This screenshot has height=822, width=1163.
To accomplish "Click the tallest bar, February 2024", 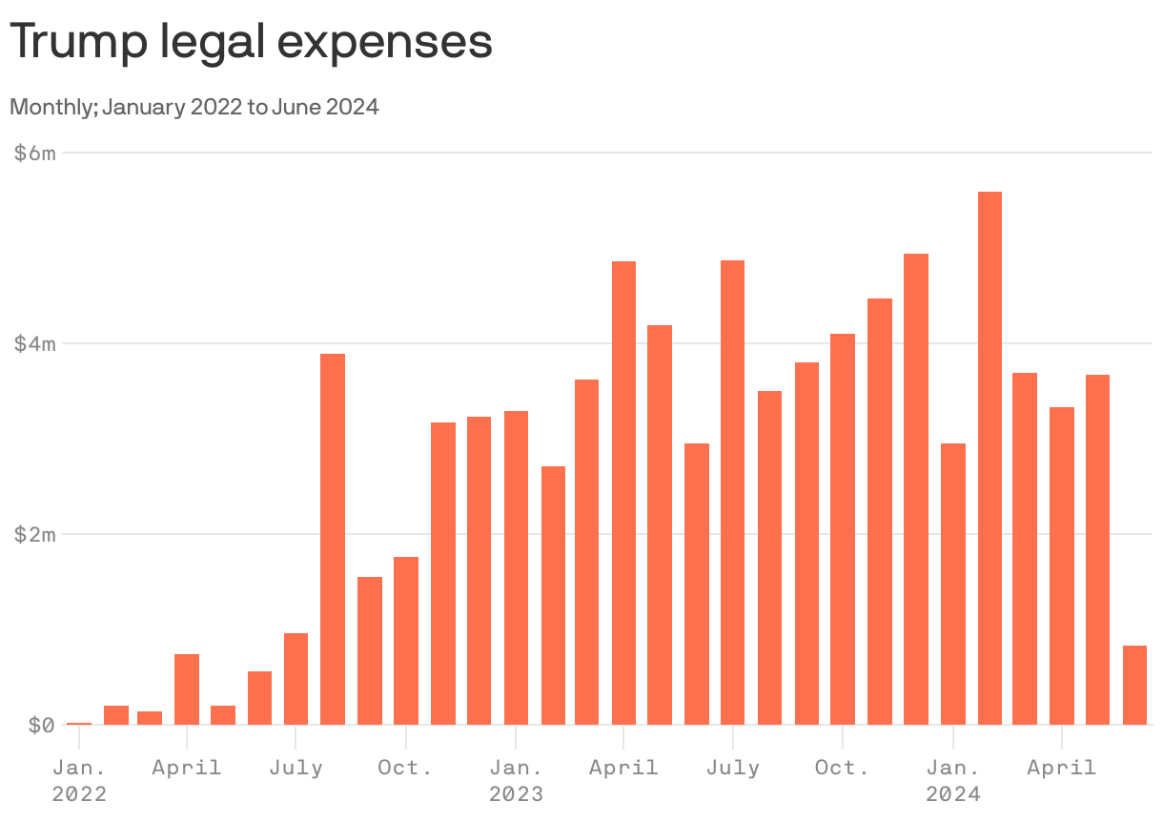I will (x=990, y=458).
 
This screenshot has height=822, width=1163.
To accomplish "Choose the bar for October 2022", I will (x=406, y=640).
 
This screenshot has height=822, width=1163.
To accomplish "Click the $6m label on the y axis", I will (x=35, y=153).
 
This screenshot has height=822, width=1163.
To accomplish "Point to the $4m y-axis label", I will (x=35, y=343).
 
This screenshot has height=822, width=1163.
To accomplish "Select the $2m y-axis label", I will (x=35, y=534).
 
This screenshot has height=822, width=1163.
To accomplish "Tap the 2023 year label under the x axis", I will (x=516, y=793).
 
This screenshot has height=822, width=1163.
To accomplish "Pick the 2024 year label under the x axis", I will (x=953, y=793).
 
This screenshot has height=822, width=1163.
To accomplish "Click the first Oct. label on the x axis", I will (x=406, y=768).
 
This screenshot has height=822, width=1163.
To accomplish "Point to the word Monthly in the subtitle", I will (x=51, y=107).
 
